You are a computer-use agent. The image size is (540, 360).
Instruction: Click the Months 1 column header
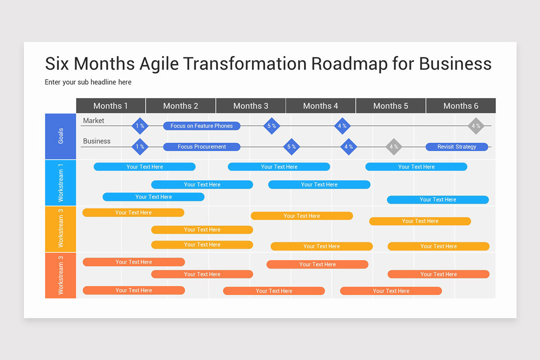point(111,106)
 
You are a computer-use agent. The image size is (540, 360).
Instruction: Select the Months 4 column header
point(320,106)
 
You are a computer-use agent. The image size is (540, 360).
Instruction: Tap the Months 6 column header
point(461,106)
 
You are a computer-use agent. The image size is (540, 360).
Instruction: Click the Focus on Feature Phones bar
point(202,126)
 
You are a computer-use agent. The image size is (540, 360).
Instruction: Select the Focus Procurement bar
point(202,147)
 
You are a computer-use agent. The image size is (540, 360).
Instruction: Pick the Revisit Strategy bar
point(457,147)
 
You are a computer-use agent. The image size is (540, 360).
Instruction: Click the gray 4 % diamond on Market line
point(476,126)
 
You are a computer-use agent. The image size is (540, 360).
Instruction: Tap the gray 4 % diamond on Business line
point(394,147)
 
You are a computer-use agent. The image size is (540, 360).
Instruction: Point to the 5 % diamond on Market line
point(271,126)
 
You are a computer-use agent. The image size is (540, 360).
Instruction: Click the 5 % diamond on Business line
point(292,147)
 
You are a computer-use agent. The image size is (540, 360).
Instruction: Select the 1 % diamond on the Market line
point(140,126)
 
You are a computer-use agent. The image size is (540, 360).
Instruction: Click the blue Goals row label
point(60,136)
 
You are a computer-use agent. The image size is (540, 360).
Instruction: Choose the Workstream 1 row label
point(60,182)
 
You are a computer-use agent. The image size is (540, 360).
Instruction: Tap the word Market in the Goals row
point(94,121)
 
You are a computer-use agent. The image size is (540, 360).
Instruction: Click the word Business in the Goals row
point(97,141)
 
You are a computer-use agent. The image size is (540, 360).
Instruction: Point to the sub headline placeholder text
point(88,82)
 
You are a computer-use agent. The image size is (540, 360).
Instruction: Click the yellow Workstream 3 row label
point(60,229)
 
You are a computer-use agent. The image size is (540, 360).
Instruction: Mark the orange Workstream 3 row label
point(60,275)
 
